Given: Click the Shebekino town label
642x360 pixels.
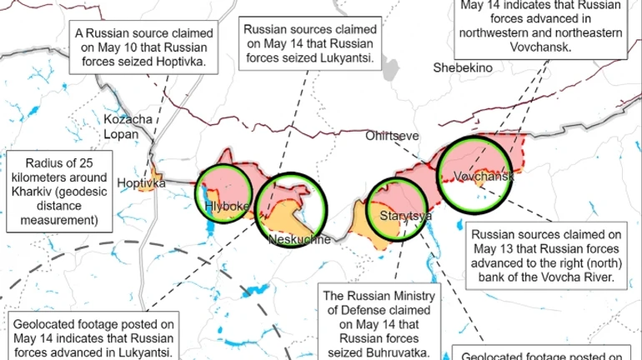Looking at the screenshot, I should [x=462, y=67].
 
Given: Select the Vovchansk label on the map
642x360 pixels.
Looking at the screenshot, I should [x=484, y=177].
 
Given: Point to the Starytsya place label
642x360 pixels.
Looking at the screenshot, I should [x=405, y=217].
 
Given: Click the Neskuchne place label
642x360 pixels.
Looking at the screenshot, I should [x=300, y=240].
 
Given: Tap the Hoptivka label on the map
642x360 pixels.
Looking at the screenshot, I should [x=141, y=182].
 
